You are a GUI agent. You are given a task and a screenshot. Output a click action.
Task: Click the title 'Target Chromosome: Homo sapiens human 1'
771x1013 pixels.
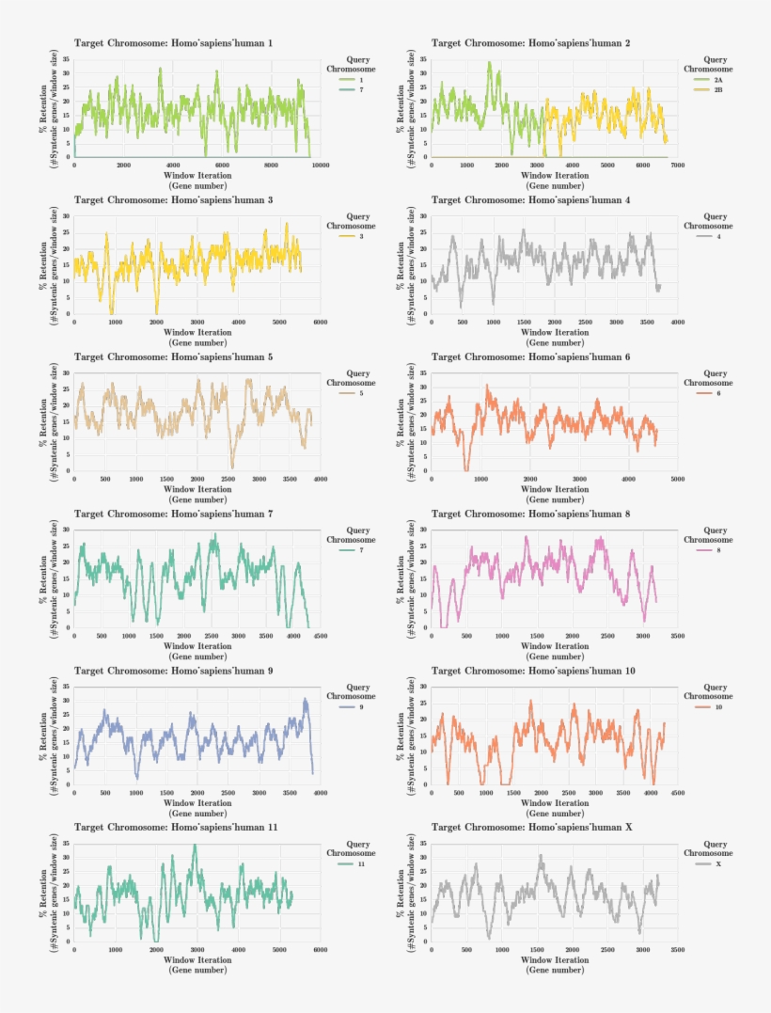tap(174, 43)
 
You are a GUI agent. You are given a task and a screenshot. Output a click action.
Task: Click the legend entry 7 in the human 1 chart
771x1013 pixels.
tap(361, 89)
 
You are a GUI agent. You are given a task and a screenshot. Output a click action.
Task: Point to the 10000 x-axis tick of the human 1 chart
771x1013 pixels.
tap(320, 166)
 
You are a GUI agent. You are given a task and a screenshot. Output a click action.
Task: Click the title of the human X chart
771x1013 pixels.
tap(530, 828)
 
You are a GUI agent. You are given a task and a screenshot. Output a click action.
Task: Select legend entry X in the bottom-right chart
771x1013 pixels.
tap(718, 863)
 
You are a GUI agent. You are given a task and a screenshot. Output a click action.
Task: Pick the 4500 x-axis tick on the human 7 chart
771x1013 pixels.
tap(320, 637)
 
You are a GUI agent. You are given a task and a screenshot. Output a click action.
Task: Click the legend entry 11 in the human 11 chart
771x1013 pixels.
tap(361, 863)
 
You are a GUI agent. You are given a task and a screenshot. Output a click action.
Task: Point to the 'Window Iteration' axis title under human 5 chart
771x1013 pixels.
tap(197, 489)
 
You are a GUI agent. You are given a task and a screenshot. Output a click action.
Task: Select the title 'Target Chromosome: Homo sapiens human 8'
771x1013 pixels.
tap(530, 514)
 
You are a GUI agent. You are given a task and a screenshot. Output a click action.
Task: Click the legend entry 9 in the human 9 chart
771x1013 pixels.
tap(361, 706)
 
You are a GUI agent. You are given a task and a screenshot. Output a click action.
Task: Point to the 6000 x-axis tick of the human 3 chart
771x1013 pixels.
tap(320, 323)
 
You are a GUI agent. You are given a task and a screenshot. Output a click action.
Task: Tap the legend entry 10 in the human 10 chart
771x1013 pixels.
tap(718, 706)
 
